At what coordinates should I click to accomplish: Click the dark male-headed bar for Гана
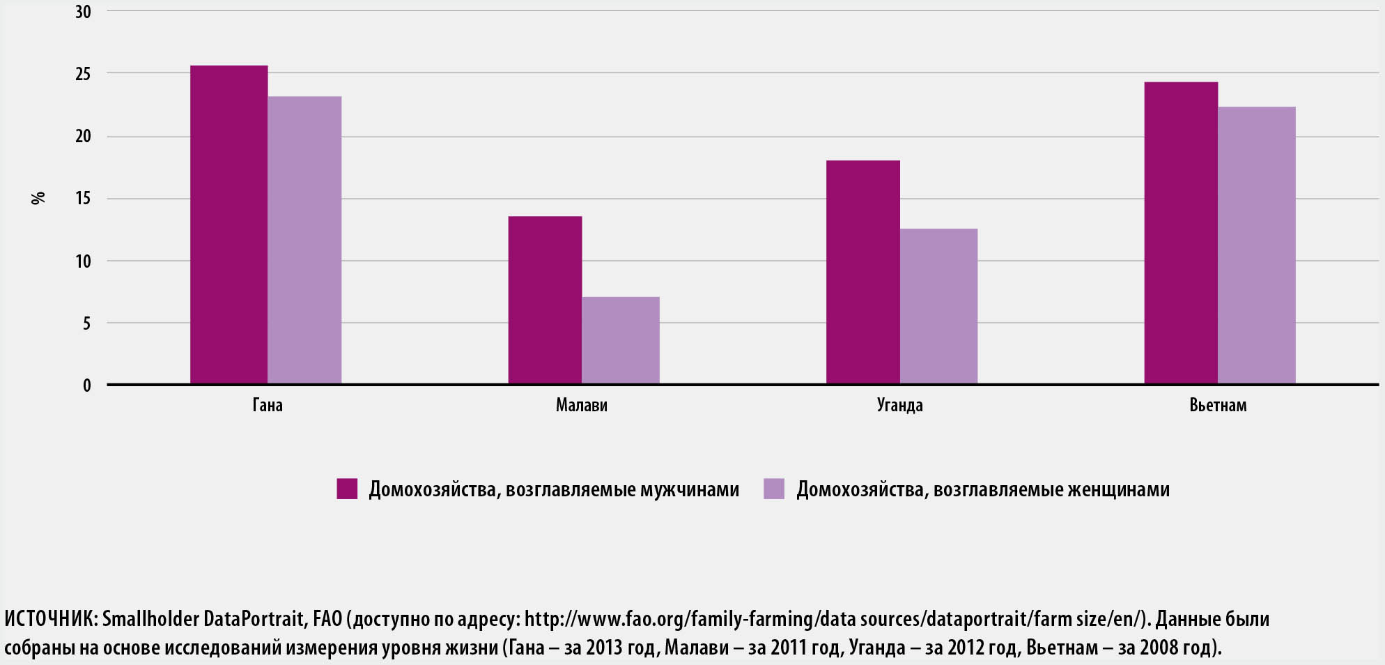(x=229, y=224)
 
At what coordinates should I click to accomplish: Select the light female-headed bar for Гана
(x=304, y=240)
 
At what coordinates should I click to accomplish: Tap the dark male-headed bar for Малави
(x=545, y=300)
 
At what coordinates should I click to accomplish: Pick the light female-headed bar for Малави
(x=621, y=340)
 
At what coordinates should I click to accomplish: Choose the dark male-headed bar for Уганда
(x=862, y=272)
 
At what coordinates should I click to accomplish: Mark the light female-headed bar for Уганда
(x=938, y=306)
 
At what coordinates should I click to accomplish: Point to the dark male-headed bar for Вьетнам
(x=1180, y=233)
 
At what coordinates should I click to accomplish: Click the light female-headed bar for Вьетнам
(x=1256, y=245)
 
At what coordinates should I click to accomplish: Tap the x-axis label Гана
(x=268, y=405)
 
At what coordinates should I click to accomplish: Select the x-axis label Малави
(x=582, y=405)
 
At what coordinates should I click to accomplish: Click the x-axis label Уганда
(x=899, y=405)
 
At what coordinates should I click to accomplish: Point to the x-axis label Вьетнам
(x=1218, y=405)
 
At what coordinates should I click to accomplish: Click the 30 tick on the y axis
(x=83, y=12)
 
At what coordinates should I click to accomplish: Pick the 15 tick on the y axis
(x=83, y=199)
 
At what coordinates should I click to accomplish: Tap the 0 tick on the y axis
(x=86, y=385)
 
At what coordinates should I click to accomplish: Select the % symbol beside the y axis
(x=38, y=198)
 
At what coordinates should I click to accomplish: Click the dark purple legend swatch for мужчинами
(x=347, y=489)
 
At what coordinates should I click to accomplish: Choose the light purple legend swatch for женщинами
(x=774, y=489)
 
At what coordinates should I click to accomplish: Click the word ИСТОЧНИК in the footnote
(x=49, y=619)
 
